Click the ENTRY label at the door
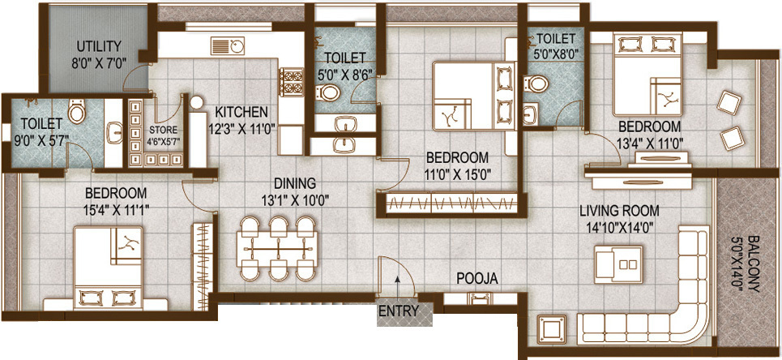pyautogui.click(x=398, y=311)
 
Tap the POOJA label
pyautogui.click(x=476, y=279)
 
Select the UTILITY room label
pyautogui.click(x=99, y=45)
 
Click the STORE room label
pyautogui.click(x=164, y=129)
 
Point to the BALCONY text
pyautogui.click(x=754, y=264)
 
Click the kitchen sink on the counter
pyautogui.click(x=226, y=45)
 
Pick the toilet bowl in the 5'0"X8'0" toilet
pyautogui.click(x=536, y=86)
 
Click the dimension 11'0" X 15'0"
pyautogui.click(x=457, y=173)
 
